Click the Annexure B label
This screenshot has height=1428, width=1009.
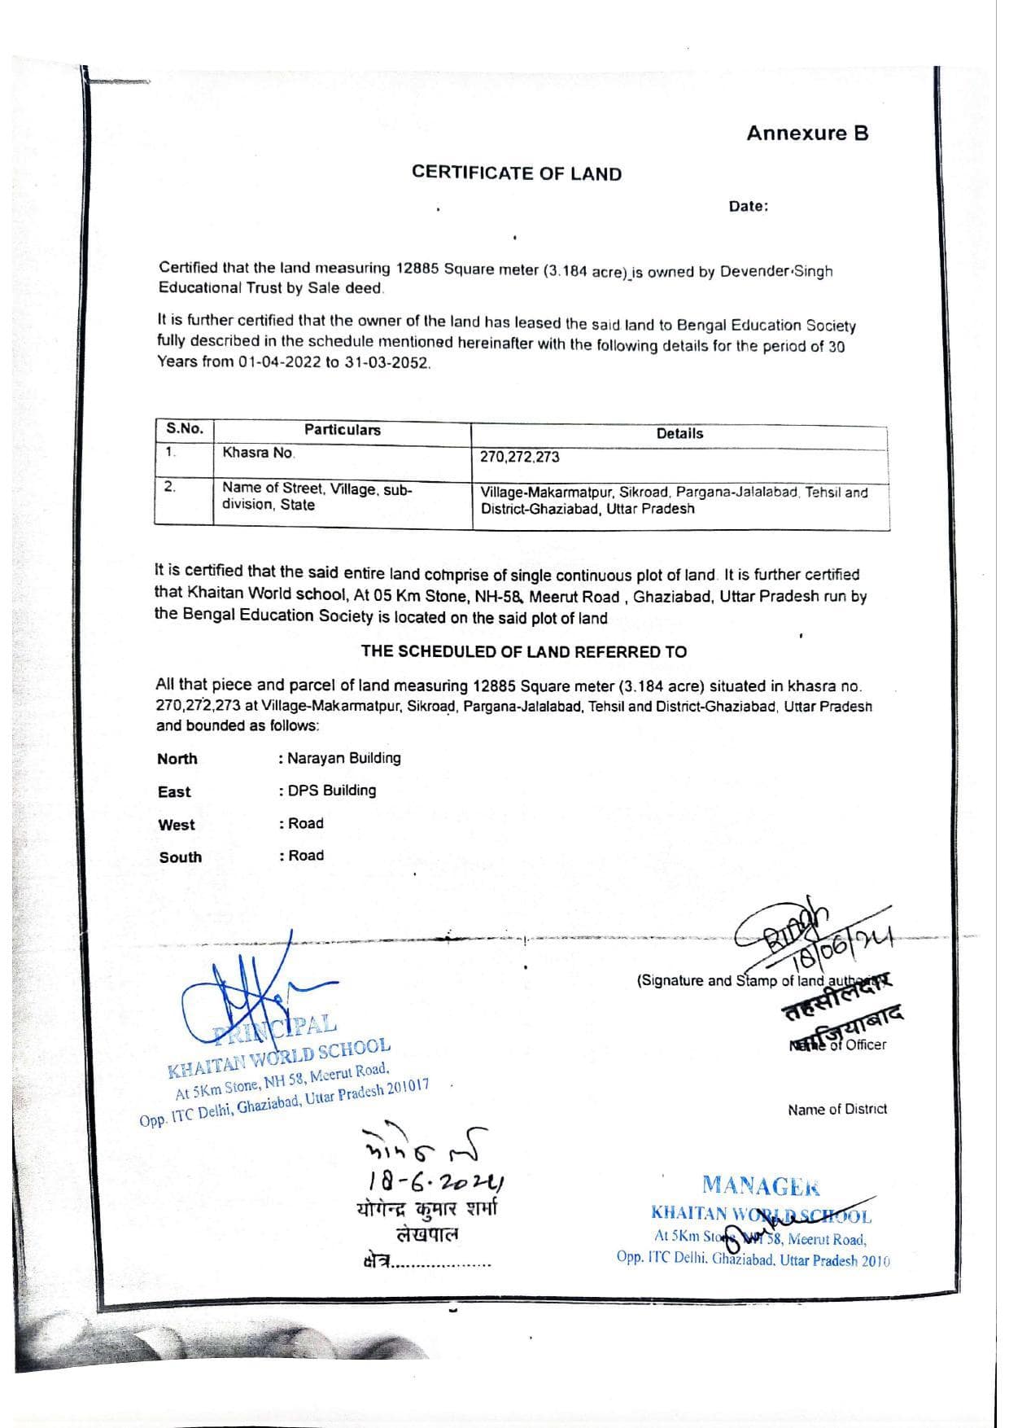pos(807,134)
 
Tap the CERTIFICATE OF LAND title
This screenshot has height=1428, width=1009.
pos(516,173)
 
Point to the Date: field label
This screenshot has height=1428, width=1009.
pos(748,207)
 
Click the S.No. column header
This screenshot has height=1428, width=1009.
pos(185,429)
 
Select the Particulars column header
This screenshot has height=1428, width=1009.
pos(342,430)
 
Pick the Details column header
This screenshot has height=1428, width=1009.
pos(679,434)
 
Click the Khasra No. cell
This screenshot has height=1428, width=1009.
pos(259,453)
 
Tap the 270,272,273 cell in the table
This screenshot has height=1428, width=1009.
pos(519,457)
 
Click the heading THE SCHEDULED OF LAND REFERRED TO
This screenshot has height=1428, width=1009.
pos(523,651)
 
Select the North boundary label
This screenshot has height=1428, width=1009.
pos(177,759)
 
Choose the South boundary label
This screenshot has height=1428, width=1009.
pos(180,857)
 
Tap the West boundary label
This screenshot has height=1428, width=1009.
pos(177,825)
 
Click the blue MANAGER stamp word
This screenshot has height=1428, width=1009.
pos(761,1185)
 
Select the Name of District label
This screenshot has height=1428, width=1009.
pos(836,1110)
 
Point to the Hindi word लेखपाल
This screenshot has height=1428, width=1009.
pos(426,1234)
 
